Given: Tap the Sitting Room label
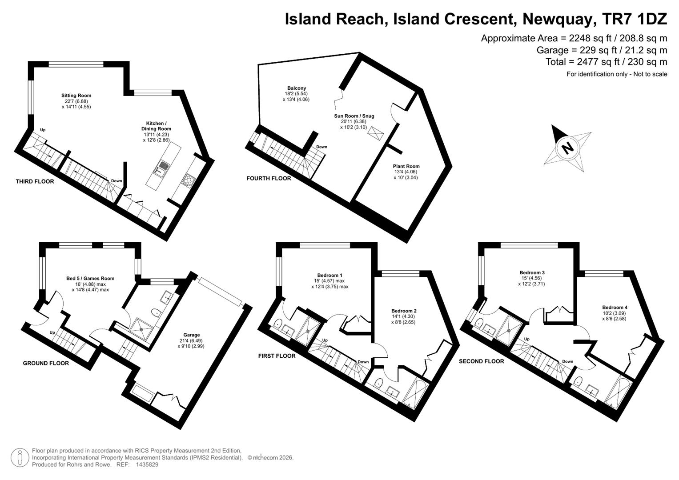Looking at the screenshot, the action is point(76,96).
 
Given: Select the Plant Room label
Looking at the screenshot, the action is point(406,166).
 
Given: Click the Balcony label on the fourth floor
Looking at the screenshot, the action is point(297,88).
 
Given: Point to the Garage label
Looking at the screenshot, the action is point(191,335).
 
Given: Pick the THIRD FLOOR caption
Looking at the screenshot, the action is point(35,181).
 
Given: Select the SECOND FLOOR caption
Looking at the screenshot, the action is point(482,361).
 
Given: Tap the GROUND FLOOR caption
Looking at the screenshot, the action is point(46,363).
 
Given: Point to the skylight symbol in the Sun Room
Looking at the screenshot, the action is point(375,133).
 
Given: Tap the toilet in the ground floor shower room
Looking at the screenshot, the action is point(157,312).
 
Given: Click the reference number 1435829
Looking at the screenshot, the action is point(147,464).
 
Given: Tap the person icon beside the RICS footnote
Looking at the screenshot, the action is point(20,458).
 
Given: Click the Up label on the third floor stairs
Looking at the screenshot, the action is point(43,130).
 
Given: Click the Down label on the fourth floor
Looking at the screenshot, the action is point(321,147).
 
